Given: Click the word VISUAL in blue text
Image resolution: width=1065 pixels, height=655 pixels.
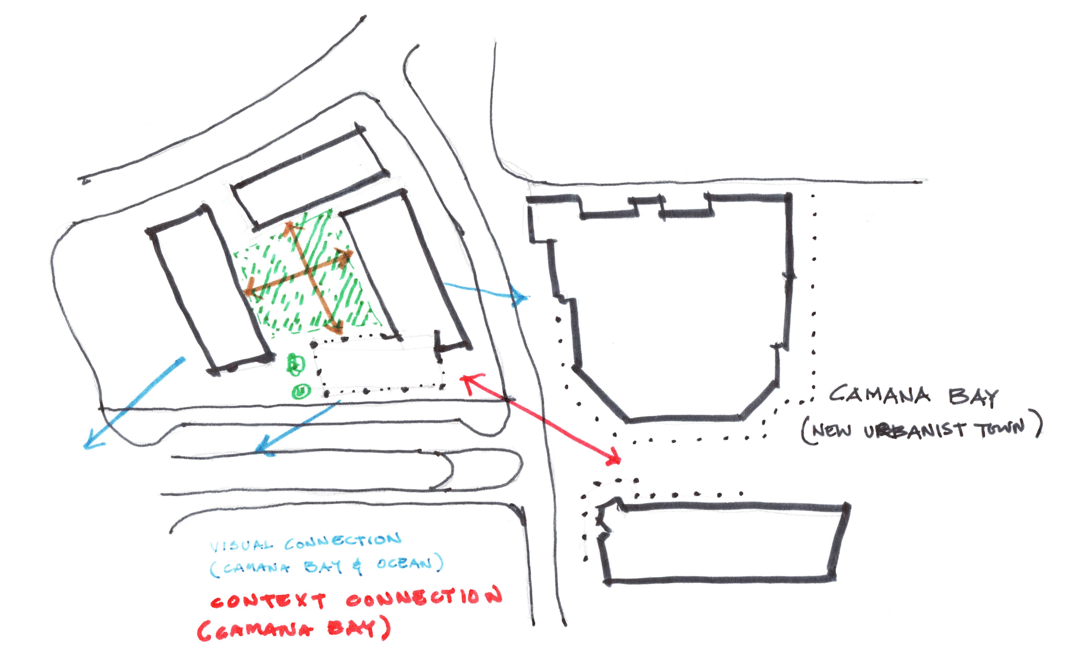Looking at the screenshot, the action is pos(242,546).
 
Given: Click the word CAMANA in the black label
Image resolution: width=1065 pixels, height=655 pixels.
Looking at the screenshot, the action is pos(879,395).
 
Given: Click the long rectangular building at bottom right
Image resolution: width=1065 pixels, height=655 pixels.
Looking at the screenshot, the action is pos(723,544).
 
